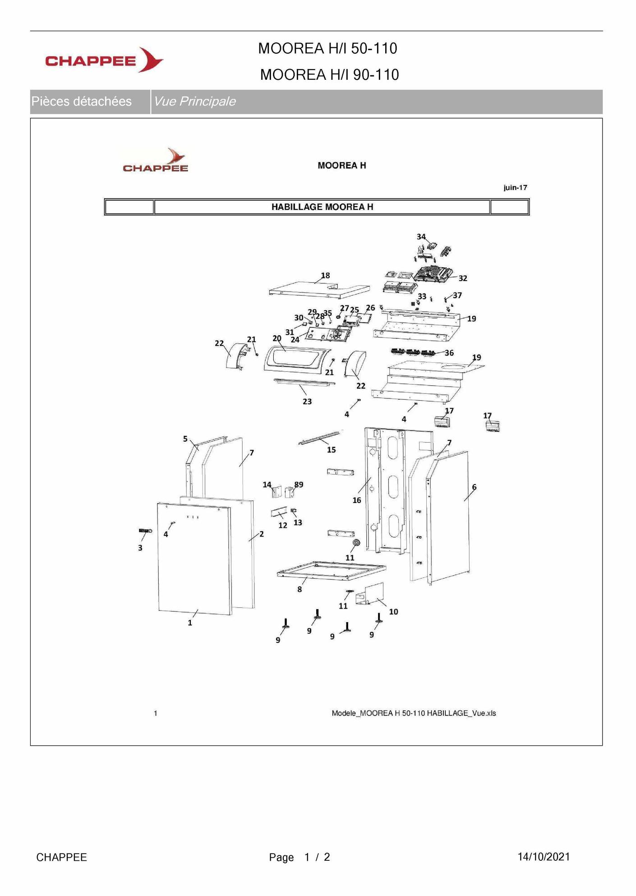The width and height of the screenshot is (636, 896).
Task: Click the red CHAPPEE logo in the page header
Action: click(104, 60)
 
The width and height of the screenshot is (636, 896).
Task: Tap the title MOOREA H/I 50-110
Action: click(327, 48)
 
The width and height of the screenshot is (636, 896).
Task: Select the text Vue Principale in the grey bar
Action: click(194, 101)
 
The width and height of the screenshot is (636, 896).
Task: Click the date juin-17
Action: click(515, 188)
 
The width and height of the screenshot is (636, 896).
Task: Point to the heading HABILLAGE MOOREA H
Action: click(322, 207)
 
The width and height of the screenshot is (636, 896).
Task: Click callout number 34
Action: click(421, 237)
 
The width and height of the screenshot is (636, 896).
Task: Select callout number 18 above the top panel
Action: click(325, 275)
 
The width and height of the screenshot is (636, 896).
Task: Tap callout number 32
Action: click(463, 278)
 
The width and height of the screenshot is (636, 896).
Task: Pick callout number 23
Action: click(307, 402)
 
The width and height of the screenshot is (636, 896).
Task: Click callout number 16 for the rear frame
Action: click(357, 500)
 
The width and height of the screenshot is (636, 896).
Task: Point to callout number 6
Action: click(474, 487)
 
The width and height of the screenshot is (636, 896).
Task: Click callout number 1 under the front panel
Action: click(190, 623)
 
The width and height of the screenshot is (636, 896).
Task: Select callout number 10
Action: click(393, 612)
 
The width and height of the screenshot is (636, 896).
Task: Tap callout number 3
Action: click(140, 548)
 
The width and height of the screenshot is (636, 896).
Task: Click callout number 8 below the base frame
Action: click(300, 589)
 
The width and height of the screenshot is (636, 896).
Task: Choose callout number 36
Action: click(449, 353)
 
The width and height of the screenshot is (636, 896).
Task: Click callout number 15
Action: click(332, 450)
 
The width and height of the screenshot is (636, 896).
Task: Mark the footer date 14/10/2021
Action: click(544, 857)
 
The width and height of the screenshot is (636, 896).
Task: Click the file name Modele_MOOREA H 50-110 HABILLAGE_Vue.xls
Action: click(414, 713)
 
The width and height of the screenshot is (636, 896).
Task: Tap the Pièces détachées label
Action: click(81, 101)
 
